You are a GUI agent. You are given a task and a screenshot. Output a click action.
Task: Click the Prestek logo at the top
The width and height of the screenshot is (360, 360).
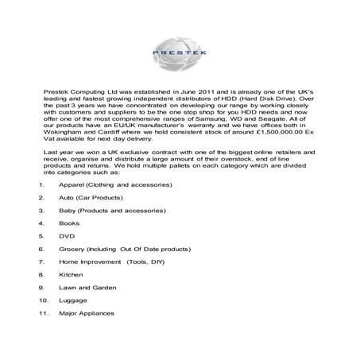(x=180, y=52)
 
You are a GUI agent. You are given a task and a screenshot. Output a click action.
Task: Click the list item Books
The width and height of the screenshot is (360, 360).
(x=69, y=223)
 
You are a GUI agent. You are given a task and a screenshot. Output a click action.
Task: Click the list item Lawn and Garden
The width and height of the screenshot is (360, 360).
(x=87, y=287)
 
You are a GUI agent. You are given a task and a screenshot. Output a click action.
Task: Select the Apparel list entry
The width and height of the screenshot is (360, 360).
(x=114, y=184)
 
